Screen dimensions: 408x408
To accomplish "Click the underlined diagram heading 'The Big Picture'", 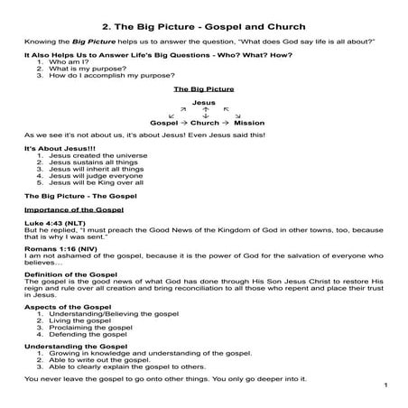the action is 202,90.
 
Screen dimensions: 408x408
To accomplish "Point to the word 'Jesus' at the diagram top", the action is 204,105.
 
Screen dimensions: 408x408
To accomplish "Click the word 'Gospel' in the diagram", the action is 164,122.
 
